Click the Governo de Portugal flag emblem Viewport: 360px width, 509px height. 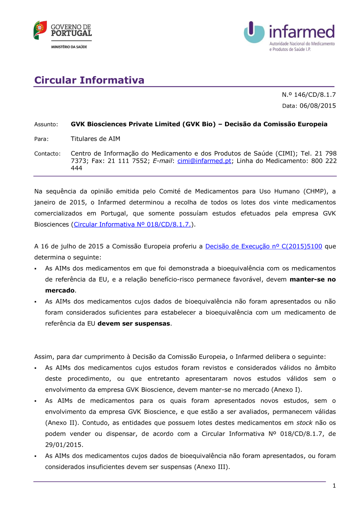40,30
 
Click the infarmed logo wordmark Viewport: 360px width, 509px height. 302,32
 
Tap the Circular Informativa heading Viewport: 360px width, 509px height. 89,80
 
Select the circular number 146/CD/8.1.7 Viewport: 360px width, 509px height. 315,95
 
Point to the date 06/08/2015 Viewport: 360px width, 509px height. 318,106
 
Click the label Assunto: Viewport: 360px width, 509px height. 46,125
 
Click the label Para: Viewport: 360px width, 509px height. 41,139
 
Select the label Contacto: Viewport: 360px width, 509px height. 48,154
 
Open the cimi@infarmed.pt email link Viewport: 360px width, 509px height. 204,161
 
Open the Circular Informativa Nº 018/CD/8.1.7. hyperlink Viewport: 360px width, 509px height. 132,225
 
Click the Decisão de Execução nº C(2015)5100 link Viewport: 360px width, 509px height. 264,247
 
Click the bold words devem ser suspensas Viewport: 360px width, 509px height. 134,324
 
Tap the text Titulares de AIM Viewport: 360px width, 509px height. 95,139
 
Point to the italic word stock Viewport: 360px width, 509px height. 304,423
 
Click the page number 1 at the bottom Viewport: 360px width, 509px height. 334,486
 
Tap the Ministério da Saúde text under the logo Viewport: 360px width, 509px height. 69,47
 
